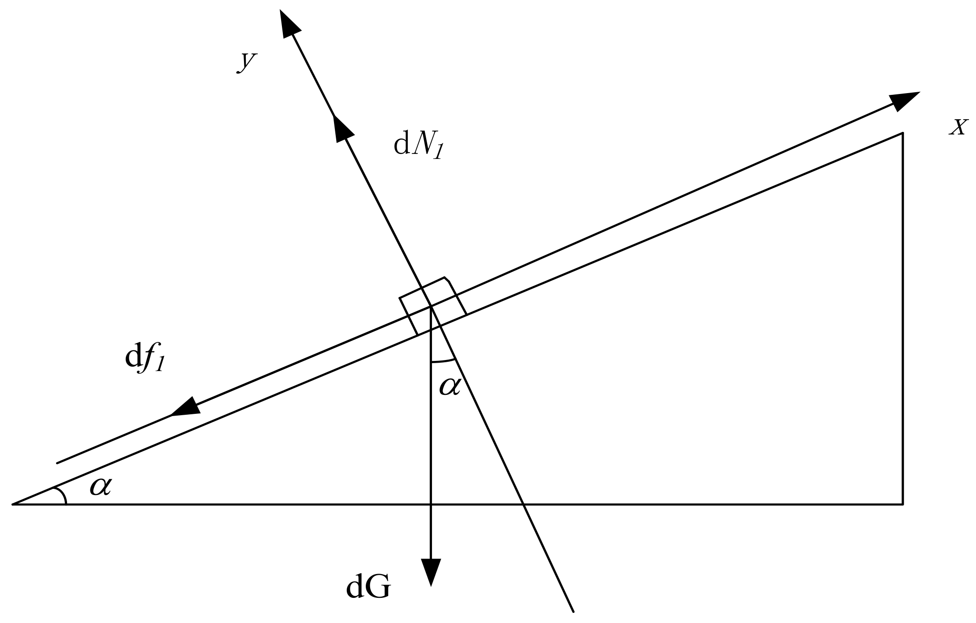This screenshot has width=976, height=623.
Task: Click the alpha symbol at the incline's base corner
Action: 101,487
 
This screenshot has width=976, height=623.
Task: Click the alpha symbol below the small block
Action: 450,387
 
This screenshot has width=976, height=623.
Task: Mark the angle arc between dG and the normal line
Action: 443,361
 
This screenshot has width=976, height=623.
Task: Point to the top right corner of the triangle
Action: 903,133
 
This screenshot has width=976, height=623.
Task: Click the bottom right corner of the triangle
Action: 903,503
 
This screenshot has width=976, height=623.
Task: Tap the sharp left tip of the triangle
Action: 13,503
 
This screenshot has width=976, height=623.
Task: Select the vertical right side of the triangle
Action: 903,318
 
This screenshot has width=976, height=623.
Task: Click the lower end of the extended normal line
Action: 573,611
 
